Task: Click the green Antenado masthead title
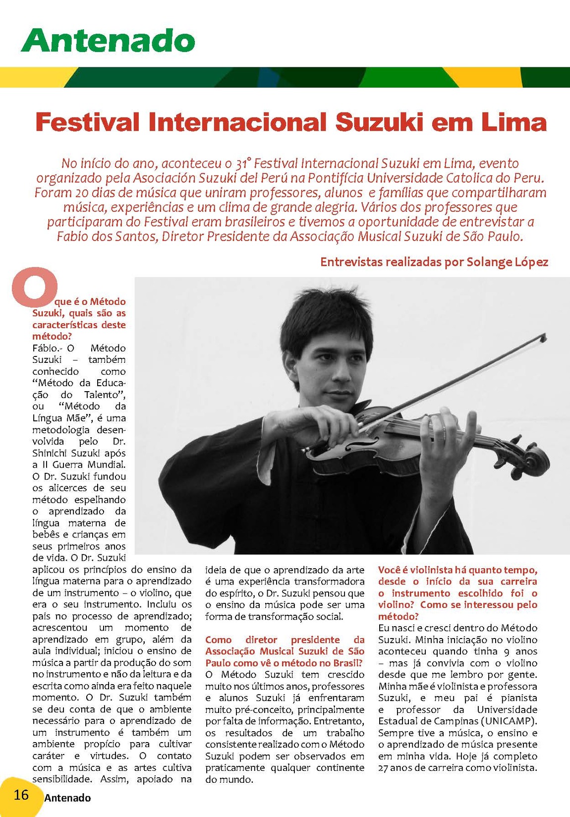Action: pos(108,40)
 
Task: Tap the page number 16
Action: pos(21,795)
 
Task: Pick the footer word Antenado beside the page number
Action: pos(67,798)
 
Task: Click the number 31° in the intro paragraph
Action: pos(243,163)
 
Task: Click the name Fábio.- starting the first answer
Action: pos(46,348)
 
